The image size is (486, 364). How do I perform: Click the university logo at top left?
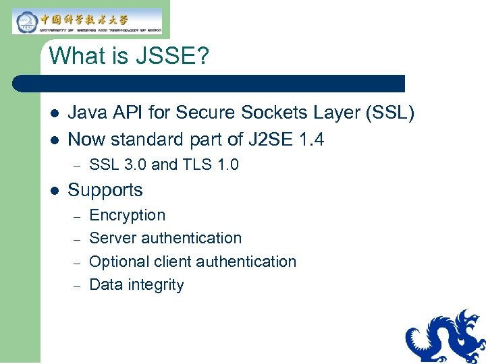pos(88,22)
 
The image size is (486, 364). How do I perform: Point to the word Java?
pos(87,113)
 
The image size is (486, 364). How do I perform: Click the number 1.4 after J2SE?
pos(310,140)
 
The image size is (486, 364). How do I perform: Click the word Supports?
pos(105,190)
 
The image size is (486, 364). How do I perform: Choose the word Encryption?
pos(127,216)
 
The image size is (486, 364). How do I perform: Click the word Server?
pos(110,239)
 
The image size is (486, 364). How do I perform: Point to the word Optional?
pos(117,262)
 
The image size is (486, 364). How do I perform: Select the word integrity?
pos(156,285)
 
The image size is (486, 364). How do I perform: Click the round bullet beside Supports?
pos(53,191)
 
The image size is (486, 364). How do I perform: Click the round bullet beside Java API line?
pos(53,114)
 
